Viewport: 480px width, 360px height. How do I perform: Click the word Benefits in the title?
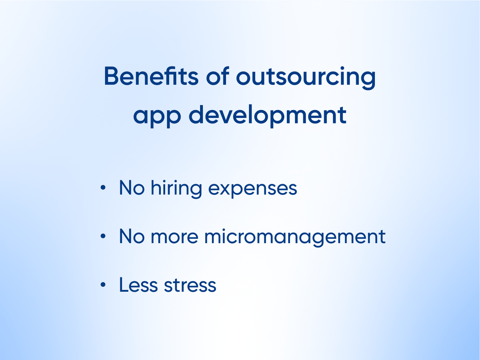pos(151,76)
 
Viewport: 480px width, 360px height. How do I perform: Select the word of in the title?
pos(218,76)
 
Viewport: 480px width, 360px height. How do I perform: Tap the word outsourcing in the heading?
pos(306,78)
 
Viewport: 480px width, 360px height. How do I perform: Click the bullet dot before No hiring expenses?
pos(103,187)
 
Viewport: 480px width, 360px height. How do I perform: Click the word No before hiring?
pos(132,188)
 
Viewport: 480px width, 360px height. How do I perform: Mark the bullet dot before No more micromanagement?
pos(103,236)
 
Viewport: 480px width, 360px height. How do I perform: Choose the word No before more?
pos(132,236)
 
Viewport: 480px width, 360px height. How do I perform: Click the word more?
pos(174,237)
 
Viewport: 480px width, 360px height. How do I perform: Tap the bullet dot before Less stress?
pos(103,284)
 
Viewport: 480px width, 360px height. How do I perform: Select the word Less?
pos(138,284)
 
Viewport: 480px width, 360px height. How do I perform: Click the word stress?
pos(190,285)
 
